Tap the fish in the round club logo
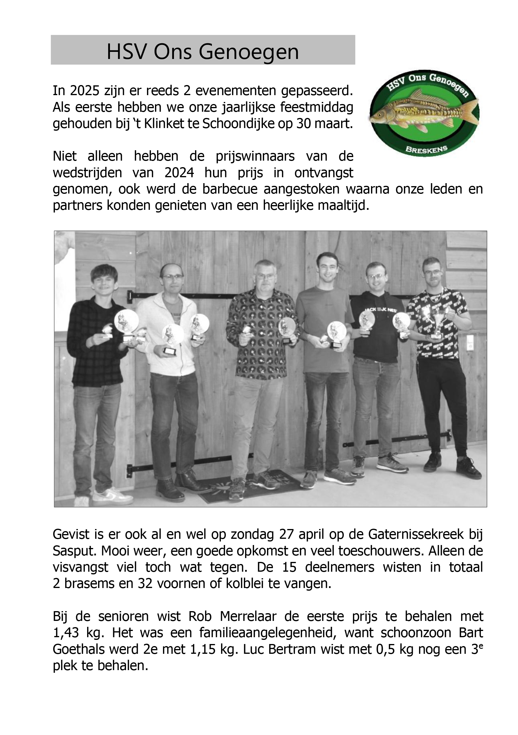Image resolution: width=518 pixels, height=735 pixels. click(423, 111)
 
